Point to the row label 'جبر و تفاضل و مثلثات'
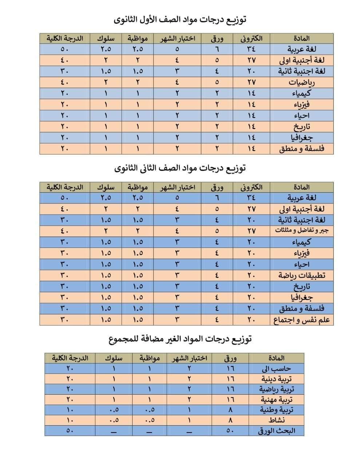click(x=302, y=231)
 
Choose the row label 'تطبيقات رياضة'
click(x=302, y=275)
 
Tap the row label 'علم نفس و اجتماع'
click(x=302, y=320)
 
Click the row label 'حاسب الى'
click(x=276, y=368)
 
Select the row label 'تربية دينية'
click(x=276, y=379)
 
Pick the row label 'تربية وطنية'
click(x=276, y=410)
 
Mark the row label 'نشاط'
click(x=276, y=420)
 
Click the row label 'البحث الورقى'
click(x=276, y=431)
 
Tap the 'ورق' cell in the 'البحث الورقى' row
click(x=230, y=431)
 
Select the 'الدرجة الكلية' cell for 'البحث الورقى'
click(x=70, y=431)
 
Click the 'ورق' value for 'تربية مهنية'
click(x=230, y=400)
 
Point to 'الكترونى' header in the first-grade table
click(x=251, y=38)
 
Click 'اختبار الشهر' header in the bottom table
click(x=190, y=358)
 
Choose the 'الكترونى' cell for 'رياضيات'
click(x=251, y=82)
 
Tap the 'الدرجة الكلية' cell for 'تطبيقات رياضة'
click(x=64, y=275)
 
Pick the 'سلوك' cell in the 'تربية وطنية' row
click(x=114, y=410)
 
